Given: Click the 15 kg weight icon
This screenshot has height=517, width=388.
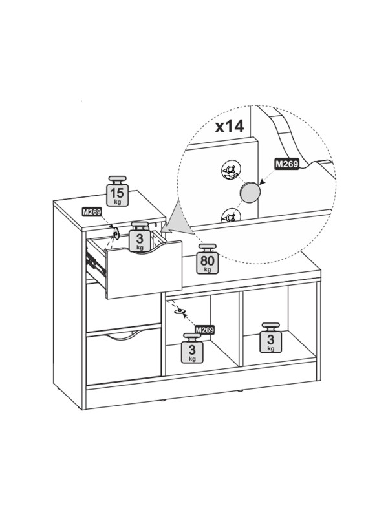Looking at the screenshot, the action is pyautogui.click(x=118, y=191).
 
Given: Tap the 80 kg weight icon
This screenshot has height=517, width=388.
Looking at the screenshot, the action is pyautogui.click(x=207, y=259).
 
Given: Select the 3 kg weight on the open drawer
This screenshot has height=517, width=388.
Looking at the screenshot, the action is pyautogui.click(x=140, y=237).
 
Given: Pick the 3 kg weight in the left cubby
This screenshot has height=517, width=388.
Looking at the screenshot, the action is pyautogui.click(x=192, y=348).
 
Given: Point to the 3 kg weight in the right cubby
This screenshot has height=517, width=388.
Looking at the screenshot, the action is pyautogui.click(x=270, y=337).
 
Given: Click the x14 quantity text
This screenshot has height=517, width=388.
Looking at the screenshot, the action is pyautogui.click(x=230, y=126).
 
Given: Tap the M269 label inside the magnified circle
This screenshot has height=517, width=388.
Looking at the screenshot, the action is pyautogui.click(x=286, y=164).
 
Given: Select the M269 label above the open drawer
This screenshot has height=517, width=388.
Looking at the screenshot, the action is pyautogui.click(x=92, y=212).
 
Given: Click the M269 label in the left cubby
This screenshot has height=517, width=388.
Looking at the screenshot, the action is pyautogui.click(x=204, y=330).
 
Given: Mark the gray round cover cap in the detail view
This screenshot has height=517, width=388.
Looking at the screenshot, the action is pyautogui.click(x=250, y=193).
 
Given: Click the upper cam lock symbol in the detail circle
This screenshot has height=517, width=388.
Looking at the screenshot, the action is pyautogui.click(x=231, y=171).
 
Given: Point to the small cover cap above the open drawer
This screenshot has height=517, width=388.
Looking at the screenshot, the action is pyautogui.click(x=116, y=233).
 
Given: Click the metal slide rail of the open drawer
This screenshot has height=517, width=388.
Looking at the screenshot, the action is pyautogui.click(x=95, y=264).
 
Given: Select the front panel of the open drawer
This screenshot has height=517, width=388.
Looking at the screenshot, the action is pyautogui.click(x=144, y=269).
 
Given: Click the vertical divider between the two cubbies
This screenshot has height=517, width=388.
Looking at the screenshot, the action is pyautogui.click(x=241, y=329).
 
